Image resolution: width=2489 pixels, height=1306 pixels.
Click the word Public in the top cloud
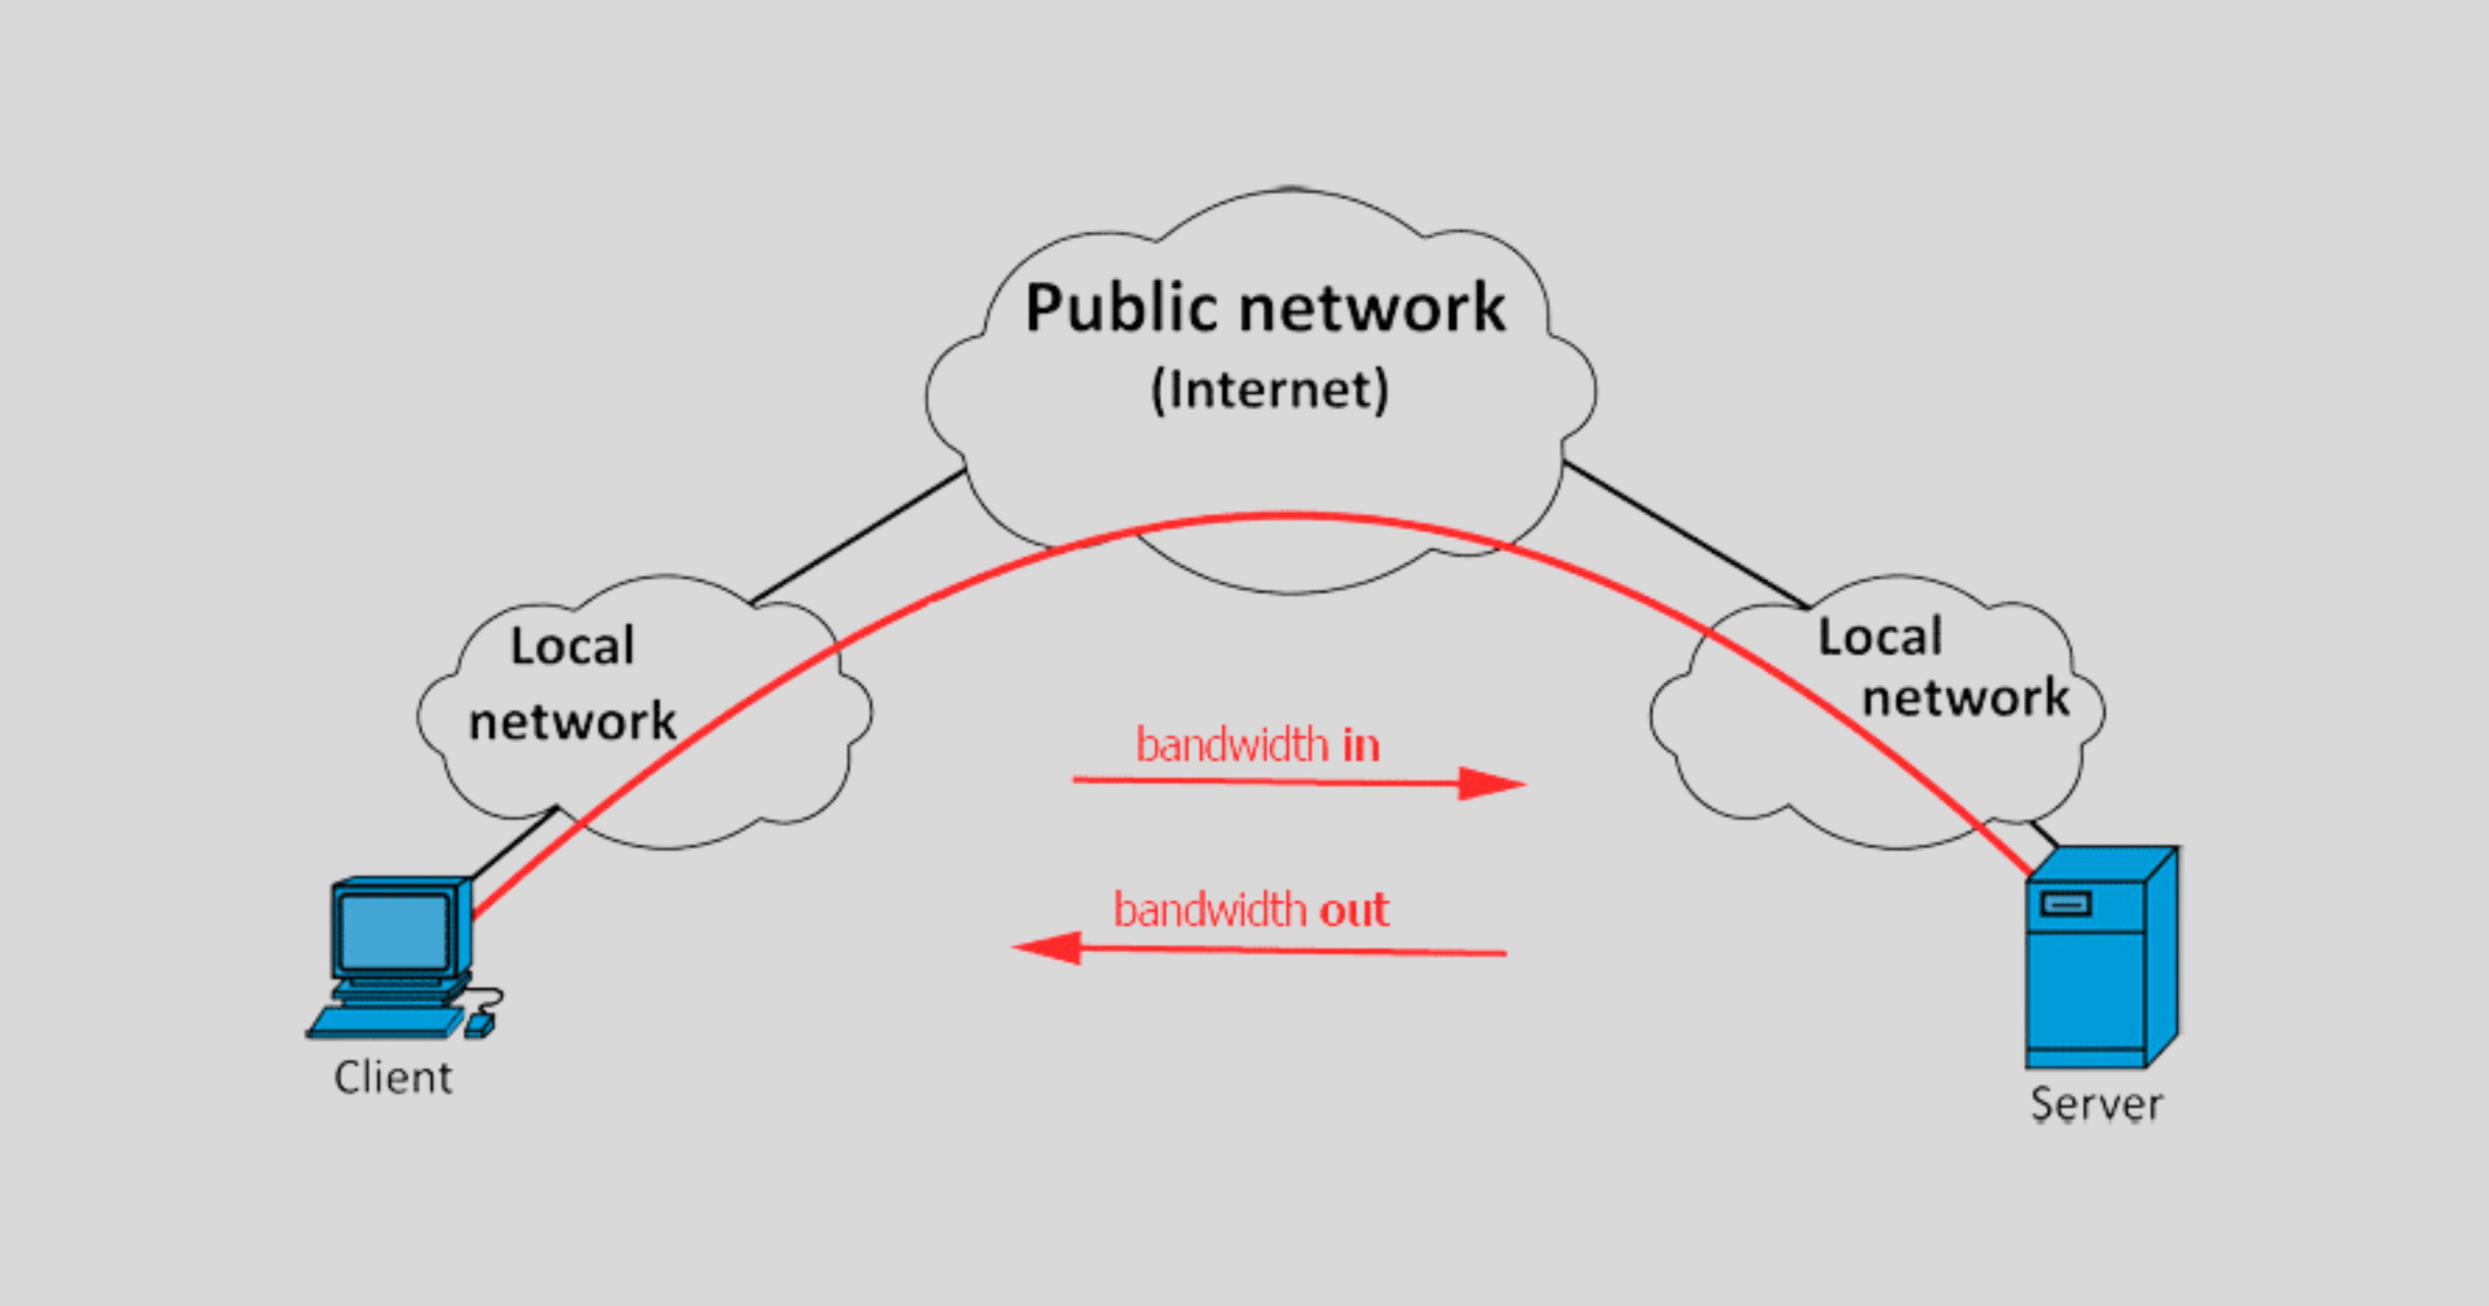point(1121,308)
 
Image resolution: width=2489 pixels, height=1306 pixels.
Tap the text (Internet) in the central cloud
point(1269,390)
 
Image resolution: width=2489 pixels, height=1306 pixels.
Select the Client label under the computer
point(392,1077)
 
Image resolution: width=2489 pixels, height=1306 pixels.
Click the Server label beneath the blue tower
point(2096,1103)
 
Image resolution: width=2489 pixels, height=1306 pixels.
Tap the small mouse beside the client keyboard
point(479,1026)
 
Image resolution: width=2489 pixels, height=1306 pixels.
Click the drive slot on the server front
point(2064,904)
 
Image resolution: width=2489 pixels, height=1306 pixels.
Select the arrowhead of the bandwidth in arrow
point(1492,784)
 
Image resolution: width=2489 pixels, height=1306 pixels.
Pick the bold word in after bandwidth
point(1361,745)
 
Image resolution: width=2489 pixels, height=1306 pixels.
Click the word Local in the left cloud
point(572,645)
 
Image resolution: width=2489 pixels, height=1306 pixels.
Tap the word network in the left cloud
point(572,721)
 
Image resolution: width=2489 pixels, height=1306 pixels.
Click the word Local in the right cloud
point(1881,636)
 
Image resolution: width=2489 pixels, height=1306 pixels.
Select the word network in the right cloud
point(1966,697)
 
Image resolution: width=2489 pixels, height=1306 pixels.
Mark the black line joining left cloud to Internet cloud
point(858,536)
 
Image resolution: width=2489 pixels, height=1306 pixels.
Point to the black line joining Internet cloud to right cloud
point(1686,535)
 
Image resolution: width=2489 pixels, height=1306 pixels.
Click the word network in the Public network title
point(1372,308)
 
